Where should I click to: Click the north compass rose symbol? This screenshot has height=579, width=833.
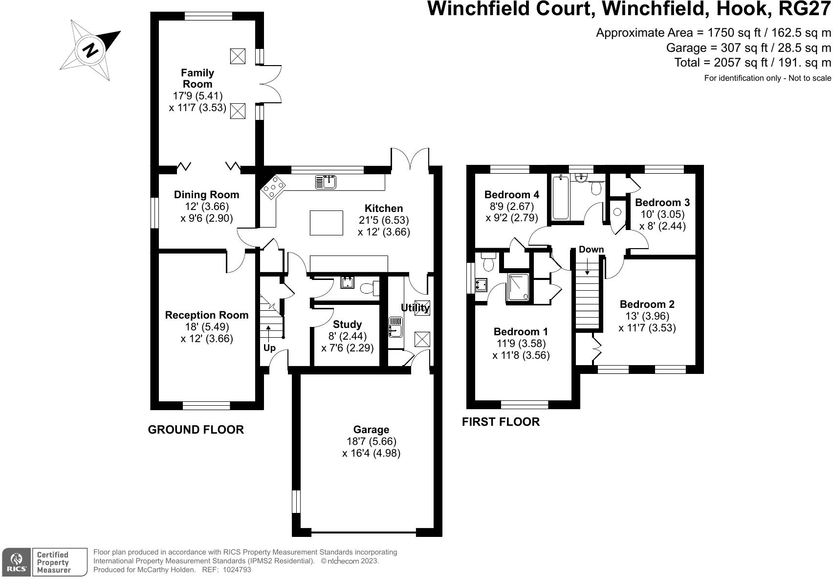90,50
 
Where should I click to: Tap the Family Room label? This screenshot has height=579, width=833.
197,78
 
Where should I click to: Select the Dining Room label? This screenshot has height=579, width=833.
206,195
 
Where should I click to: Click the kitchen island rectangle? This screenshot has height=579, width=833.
326,223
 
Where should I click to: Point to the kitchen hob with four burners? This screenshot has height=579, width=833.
273,187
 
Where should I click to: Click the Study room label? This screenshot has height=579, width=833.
347,324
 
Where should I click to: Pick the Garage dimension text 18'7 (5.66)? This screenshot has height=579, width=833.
371,441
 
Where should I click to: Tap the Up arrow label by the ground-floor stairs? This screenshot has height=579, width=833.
269,348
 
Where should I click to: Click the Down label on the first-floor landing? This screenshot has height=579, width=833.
591,250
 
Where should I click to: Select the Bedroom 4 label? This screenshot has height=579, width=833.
511,195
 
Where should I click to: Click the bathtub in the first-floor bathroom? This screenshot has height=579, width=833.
560,198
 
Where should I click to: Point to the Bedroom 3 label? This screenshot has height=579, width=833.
662,203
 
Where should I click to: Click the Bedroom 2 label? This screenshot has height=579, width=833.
647,304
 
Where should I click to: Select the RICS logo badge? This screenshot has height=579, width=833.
17,562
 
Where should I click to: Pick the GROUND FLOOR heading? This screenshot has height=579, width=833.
196,430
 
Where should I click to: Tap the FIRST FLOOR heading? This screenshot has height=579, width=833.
501,422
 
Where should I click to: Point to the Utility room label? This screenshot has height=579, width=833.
415,308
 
